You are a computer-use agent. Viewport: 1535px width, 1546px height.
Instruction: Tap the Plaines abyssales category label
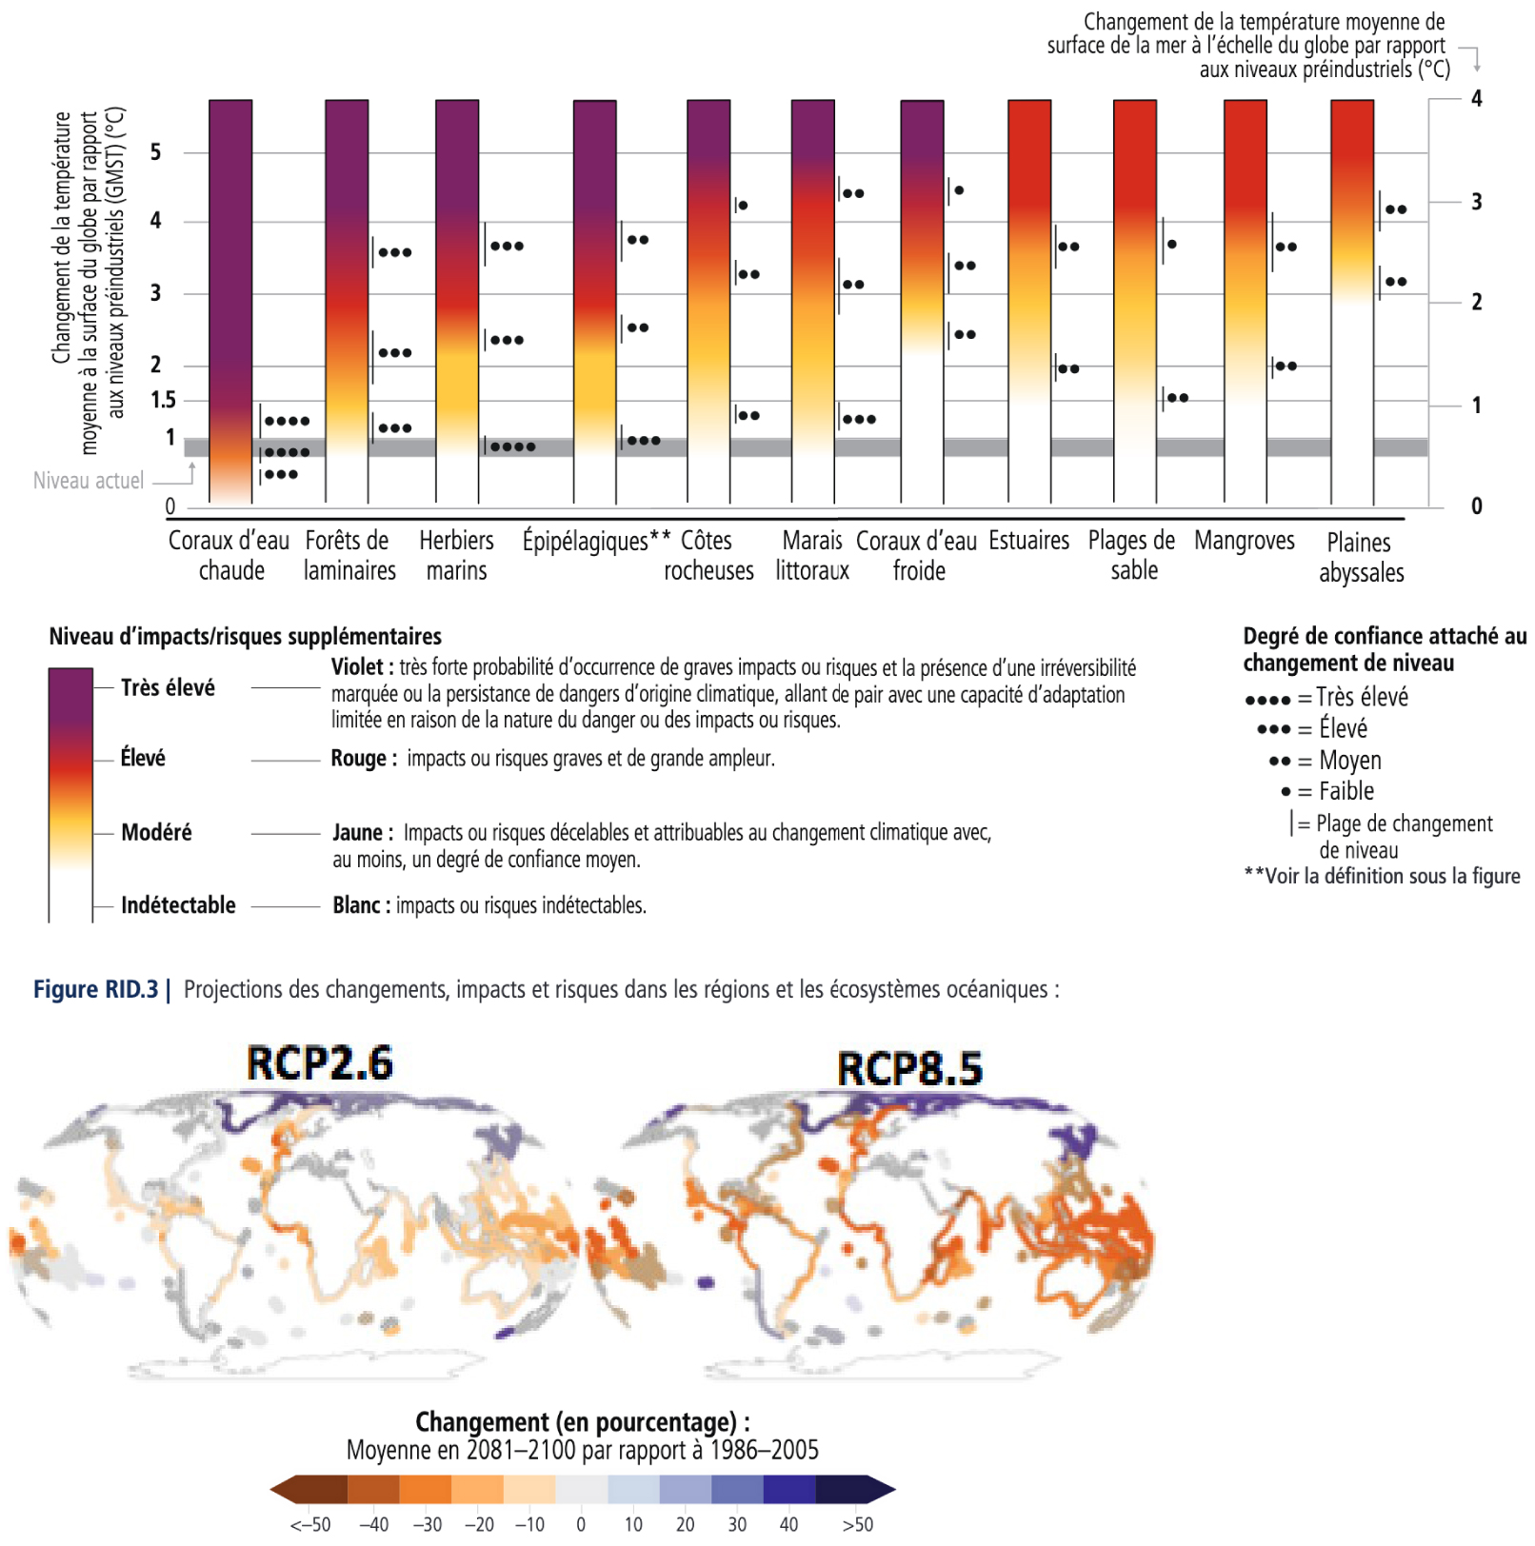click(x=1361, y=557)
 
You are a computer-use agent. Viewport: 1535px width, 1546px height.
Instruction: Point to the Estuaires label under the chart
click(x=1028, y=541)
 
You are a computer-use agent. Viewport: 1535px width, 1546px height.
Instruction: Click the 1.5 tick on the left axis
click(x=163, y=400)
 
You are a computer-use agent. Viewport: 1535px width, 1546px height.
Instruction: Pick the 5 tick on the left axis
click(x=155, y=152)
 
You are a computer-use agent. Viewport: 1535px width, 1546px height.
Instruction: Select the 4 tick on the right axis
click(x=1476, y=99)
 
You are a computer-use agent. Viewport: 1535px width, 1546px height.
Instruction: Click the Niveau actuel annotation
click(x=89, y=481)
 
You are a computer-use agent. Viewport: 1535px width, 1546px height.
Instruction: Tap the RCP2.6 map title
click(x=319, y=1063)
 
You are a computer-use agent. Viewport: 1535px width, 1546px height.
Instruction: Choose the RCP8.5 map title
click(x=909, y=1068)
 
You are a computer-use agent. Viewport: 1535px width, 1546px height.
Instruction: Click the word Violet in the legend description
click(x=357, y=667)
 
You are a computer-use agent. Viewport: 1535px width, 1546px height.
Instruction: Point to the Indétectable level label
click(x=178, y=905)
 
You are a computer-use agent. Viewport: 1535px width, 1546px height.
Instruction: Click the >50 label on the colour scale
click(x=857, y=1524)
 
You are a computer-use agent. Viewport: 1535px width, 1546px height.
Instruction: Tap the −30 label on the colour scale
click(x=427, y=1524)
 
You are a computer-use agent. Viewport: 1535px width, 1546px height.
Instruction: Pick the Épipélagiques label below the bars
click(x=585, y=541)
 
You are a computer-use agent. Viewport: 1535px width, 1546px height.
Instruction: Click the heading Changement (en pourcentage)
click(x=582, y=1422)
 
